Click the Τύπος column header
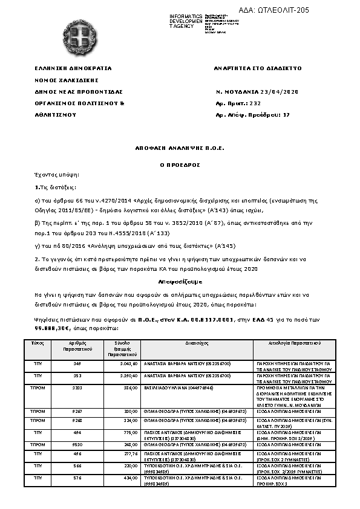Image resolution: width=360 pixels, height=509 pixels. pyautogui.click(x=38, y=343)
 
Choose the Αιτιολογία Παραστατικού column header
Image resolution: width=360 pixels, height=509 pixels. pyautogui.click(x=295, y=343)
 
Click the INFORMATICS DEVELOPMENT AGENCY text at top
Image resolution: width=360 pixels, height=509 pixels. pyautogui.click(x=186, y=20)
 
